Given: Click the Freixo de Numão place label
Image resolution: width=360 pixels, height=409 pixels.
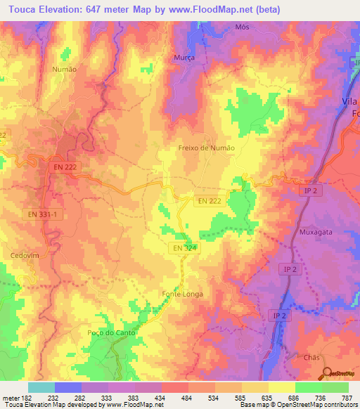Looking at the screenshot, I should [207, 148].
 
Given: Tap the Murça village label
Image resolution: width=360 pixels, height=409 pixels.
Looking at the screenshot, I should [184, 58].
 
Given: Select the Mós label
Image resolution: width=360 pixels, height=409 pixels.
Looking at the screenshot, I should [243, 27].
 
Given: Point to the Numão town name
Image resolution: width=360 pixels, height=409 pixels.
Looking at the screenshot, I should [65, 70].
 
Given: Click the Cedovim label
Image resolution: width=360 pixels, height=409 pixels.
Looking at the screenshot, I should [24, 255].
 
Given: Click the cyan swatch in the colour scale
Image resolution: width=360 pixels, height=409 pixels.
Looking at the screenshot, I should [41, 387].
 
